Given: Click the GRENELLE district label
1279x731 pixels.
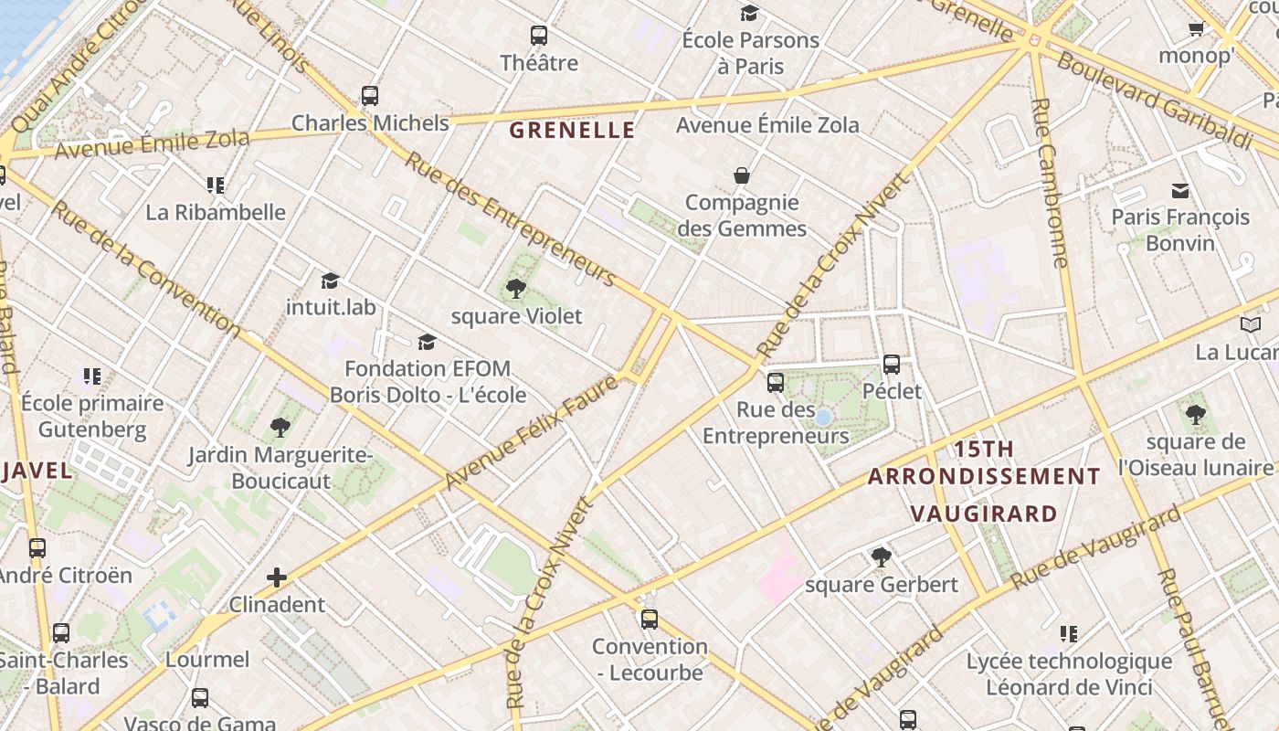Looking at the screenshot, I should [x=572, y=131].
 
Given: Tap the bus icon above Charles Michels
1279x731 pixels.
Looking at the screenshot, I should [x=370, y=96].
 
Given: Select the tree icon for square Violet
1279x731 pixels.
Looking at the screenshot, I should [x=516, y=290].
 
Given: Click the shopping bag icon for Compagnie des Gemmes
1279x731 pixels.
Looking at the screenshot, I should [x=742, y=175].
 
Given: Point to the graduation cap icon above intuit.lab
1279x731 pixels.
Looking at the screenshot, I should [x=330, y=281].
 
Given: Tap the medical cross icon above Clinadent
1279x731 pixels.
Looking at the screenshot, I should [x=277, y=577].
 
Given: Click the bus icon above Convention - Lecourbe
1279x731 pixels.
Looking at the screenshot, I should [x=650, y=620].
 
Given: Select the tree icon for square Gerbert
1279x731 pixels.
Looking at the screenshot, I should [x=882, y=557].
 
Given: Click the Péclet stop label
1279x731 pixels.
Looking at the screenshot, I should [x=893, y=392].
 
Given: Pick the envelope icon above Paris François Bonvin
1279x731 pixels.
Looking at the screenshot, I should [x=1180, y=191].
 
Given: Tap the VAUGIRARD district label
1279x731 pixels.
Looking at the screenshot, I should [x=985, y=514].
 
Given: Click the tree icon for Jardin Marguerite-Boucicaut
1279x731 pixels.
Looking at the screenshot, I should [x=280, y=428].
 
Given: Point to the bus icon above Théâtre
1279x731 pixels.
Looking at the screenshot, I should [x=539, y=37].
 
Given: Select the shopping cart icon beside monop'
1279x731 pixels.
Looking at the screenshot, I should [x=1196, y=29].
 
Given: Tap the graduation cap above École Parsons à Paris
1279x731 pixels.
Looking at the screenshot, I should [x=750, y=14].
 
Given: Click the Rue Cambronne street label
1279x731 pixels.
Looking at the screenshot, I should [x=1048, y=183].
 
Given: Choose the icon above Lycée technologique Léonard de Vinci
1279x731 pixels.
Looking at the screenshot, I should [x=1069, y=634].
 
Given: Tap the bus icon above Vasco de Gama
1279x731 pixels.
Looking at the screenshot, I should [x=200, y=698].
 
